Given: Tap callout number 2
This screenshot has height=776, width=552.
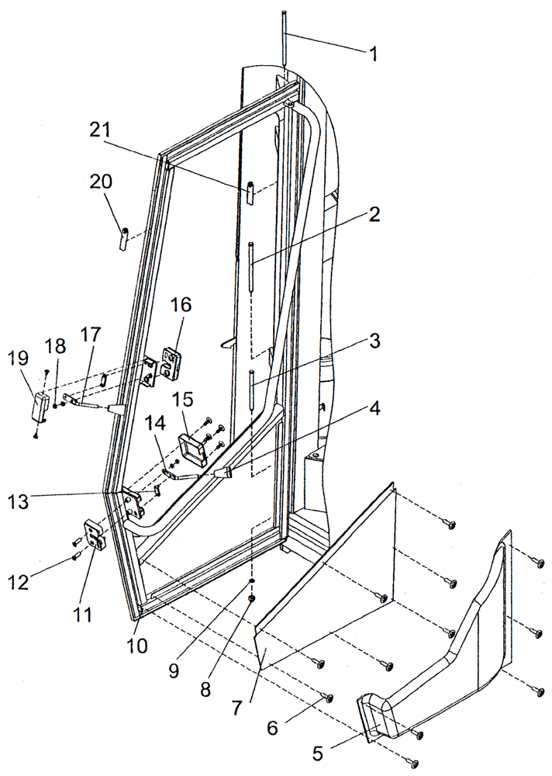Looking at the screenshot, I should (x=374, y=217).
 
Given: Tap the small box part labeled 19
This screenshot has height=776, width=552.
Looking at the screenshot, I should (x=39, y=407).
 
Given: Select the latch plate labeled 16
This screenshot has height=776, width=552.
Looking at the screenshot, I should (x=171, y=362).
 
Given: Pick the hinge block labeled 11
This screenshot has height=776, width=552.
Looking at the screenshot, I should (x=95, y=535).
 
